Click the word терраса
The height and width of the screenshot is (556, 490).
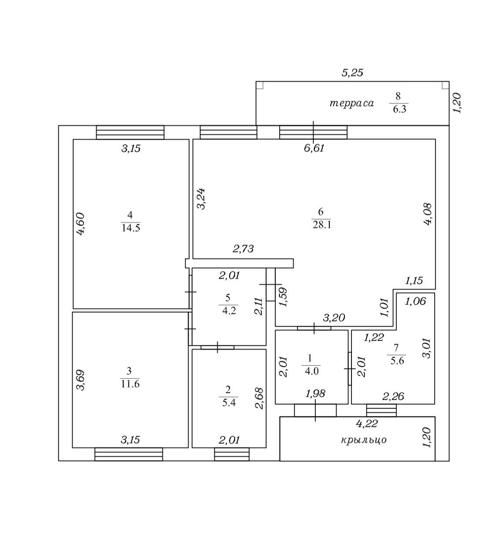pos(351,104)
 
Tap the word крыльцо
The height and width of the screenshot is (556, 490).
pos(364,440)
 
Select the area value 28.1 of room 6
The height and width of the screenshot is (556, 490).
pos(321,225)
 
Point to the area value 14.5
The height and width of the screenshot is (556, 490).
pos(130,228)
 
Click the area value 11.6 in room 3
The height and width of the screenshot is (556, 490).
pos(130,384)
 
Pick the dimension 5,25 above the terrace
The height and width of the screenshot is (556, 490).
pos(352,73)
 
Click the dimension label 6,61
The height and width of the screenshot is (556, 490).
pos(314,148)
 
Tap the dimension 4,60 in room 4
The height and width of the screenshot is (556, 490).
pos(81,223)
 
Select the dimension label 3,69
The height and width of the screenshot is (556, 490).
pos(81,380)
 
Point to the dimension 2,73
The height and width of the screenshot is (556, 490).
pos(243,249)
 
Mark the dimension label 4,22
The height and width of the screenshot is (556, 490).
pos(366,422)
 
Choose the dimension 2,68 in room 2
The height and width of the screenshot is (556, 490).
pos(259,398)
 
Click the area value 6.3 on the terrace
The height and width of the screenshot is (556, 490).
pos(399,109)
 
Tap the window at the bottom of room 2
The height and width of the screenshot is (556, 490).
pos(232,454)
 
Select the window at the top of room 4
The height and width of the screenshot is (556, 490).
pos(130,132)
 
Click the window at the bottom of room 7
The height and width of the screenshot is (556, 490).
pos(381,410)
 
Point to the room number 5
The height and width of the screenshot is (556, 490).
pos(228,298)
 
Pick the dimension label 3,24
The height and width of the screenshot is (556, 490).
pos(201,199)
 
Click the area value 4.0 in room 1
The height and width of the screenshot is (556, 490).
pos(312,371)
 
